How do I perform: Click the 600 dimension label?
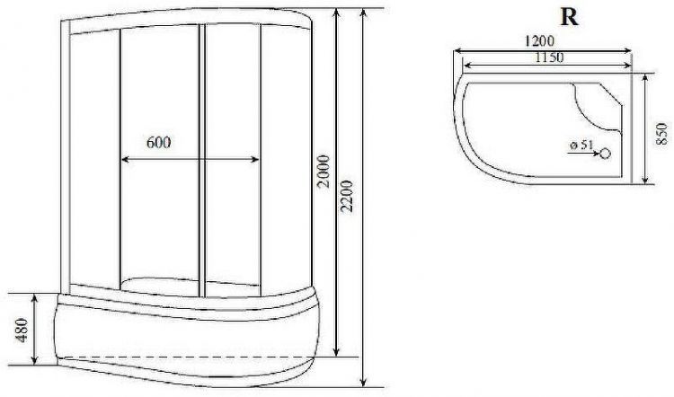click(x=157, y=142)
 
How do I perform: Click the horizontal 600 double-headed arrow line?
click(x=159, y=160)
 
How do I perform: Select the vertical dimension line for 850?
click(x=647, y=129)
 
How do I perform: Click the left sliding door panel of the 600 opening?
click(x=159, y=216)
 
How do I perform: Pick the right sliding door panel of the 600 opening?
click(x=229, y=216)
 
